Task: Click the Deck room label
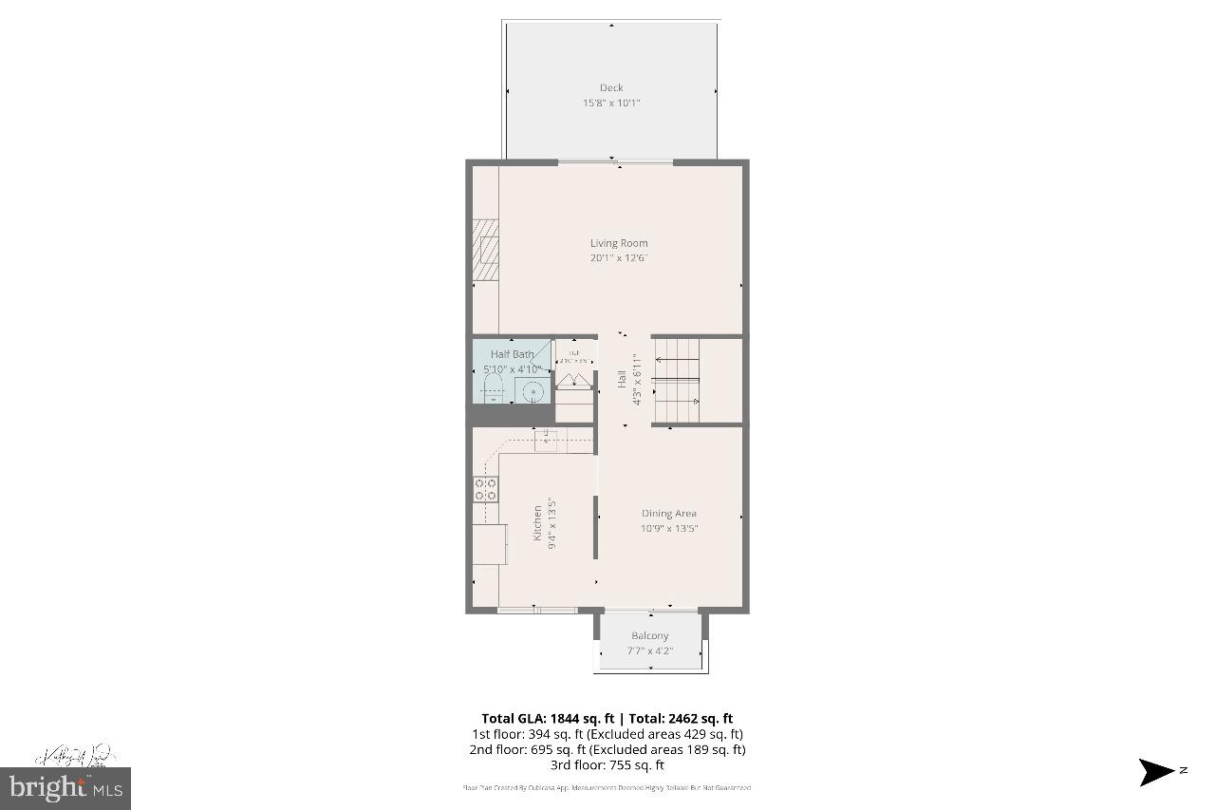pyautogui.click(x=611, y=88)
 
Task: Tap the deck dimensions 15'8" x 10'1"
pyautogui.click(x=611, y=104)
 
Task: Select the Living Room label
pyautogui.click(x=619, y=243)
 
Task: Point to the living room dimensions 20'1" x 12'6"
pyautogui.click(x=619, y=258)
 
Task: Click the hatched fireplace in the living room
pyautogui.click(x=486, y=251)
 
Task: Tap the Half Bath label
pyautogui.click(x=512, y=354)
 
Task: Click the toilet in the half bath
pyautogui.click(x=492, y=388)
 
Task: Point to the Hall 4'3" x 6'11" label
pyautogui.click(x=629, y=380)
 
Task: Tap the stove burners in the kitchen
pyautogui.click(x=485, y=489)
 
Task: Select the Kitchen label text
pyautogui.click(x=537, y=523)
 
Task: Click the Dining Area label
pyautogui.click(x=668, y=514)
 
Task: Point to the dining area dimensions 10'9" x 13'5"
pyautogui.click(x=668, y=529)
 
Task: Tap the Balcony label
pyautogui.click(x=649, y=636)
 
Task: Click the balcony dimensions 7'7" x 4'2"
pyautogui.click(x=649, y=650)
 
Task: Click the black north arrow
pyautogui.click(x=1157, y=772)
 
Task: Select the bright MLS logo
pyautogui.click(x=66, y=787)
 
